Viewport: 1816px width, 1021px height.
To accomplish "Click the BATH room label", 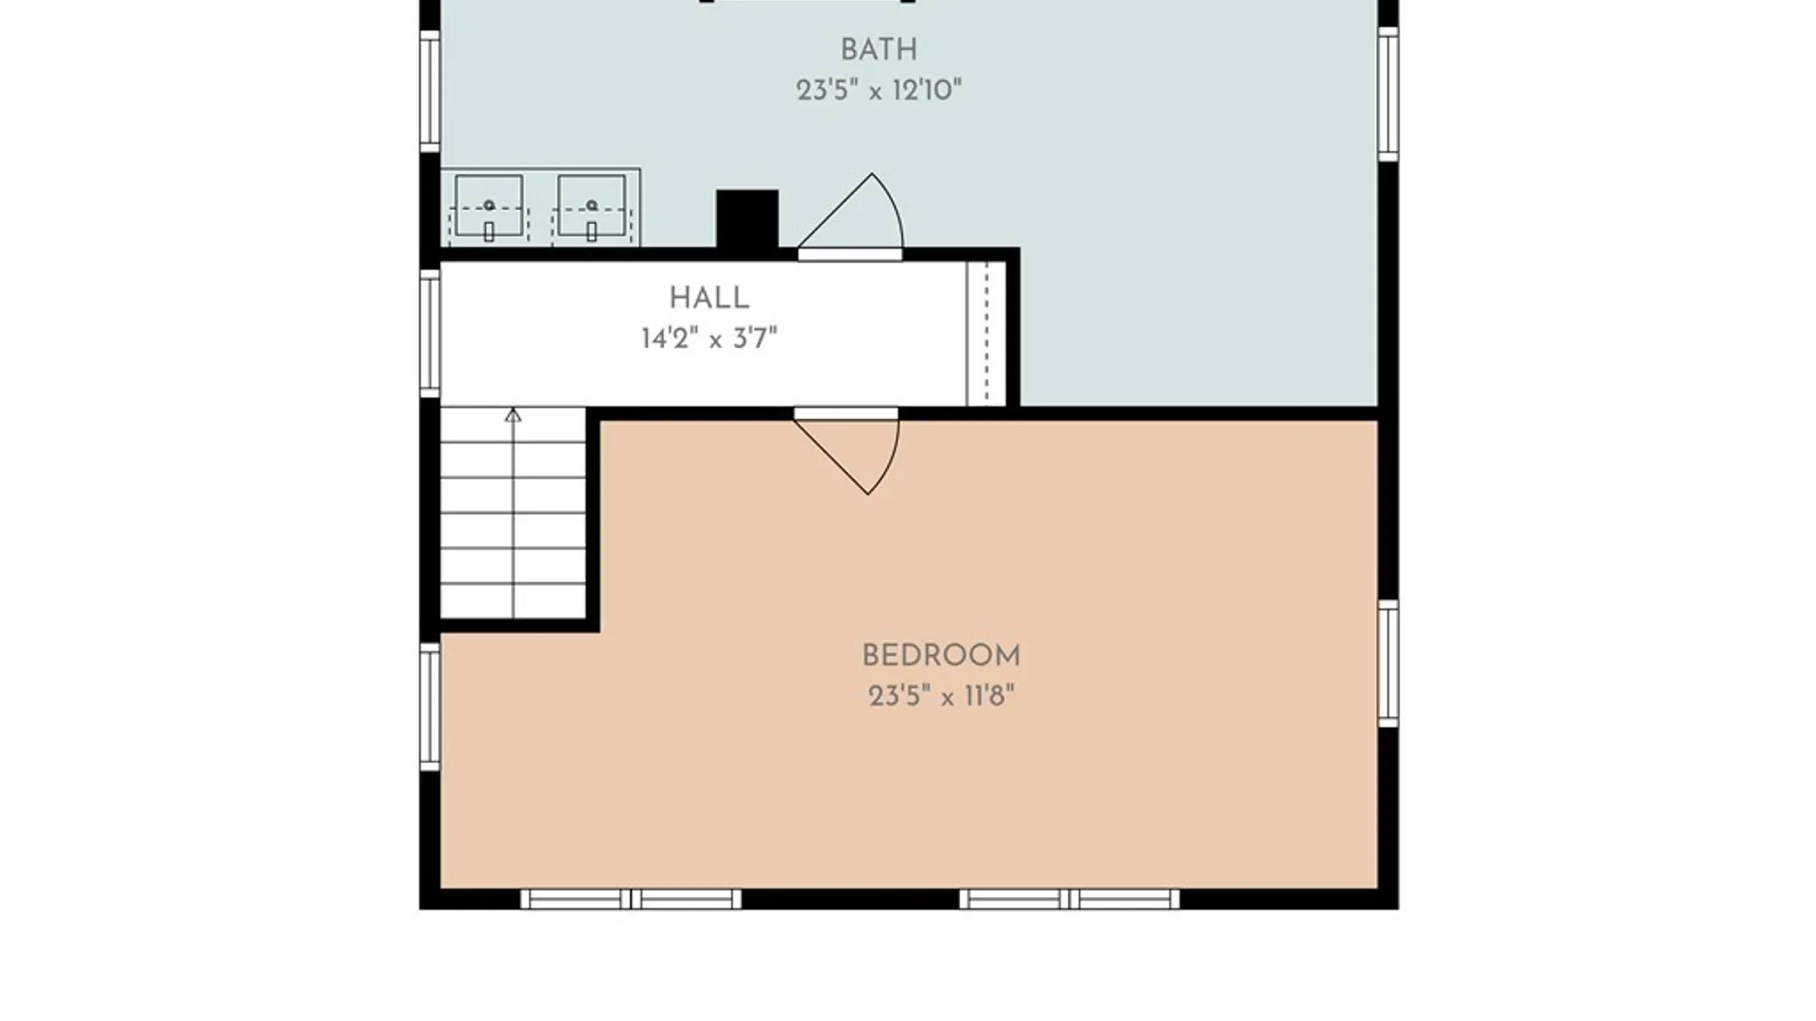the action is coord(879,49).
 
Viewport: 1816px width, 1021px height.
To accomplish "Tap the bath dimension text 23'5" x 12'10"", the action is coord(879,91).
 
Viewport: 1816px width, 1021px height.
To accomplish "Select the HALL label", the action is coord(709,298).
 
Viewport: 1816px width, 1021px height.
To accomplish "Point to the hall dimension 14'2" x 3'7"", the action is coord(709,338).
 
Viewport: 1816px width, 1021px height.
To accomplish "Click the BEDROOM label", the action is coord(941,655).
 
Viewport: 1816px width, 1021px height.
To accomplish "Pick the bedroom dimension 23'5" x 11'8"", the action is coord(941,697).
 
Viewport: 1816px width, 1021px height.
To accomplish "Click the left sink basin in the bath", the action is coord(489,206).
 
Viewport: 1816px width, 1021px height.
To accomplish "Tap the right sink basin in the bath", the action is coord(591,206).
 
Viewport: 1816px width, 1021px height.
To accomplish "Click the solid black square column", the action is coord(747,219).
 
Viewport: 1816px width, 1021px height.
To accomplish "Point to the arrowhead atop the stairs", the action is coord(513,415).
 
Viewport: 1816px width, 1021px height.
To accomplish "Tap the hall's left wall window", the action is coord(430,332).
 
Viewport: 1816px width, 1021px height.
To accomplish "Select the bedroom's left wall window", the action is coord(430,706).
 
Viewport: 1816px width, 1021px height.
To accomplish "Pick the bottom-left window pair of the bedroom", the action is coord(631,899).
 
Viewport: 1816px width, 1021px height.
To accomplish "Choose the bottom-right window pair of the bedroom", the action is coord(1070,899).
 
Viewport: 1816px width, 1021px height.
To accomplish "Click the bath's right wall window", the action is coord(1388,94).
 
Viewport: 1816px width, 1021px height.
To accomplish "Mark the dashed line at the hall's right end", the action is coord(987,333).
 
